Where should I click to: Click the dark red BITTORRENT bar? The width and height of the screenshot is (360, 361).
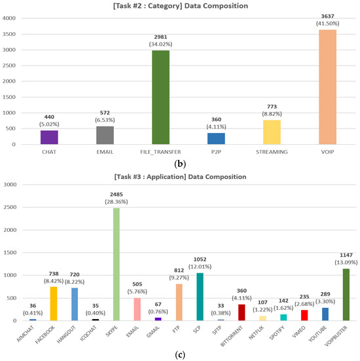242,312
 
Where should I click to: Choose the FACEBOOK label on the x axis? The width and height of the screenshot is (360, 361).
47,336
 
